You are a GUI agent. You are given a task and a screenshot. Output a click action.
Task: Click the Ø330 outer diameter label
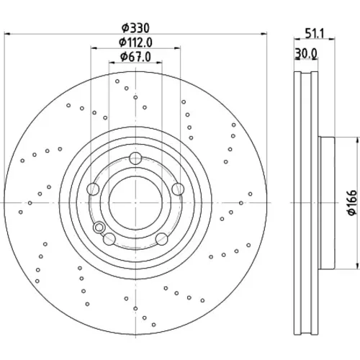tap(135, 28)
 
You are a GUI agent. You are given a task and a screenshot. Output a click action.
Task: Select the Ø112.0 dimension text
tap(135, 42)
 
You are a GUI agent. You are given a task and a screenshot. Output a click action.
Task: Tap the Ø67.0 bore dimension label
tap(135, 57)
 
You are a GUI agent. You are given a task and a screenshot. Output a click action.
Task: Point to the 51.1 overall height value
tap(315, 33)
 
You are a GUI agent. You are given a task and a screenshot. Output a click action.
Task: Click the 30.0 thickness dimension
tap(306, 53)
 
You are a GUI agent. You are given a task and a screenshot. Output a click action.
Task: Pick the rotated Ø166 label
tap(352, 202)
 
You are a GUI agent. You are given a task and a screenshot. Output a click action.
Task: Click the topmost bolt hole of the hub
tap(135, 158)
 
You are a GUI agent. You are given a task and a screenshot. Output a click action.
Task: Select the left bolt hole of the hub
tap(93, 189)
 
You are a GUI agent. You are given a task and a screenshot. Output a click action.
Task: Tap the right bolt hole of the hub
tap(178, 189)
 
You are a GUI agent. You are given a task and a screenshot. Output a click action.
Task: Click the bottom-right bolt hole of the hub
tap(161, 239)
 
